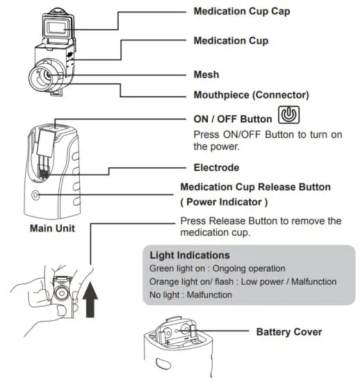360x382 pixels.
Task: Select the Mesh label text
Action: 207,74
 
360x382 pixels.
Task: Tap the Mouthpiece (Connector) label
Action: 251,94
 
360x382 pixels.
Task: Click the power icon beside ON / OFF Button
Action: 288,116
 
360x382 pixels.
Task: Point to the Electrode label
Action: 217,167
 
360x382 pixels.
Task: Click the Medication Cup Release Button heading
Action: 255,188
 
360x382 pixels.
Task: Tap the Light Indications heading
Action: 190,255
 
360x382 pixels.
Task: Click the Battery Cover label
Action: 288,331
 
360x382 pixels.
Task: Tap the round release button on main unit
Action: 37,195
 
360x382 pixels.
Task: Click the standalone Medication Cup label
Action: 231,41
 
